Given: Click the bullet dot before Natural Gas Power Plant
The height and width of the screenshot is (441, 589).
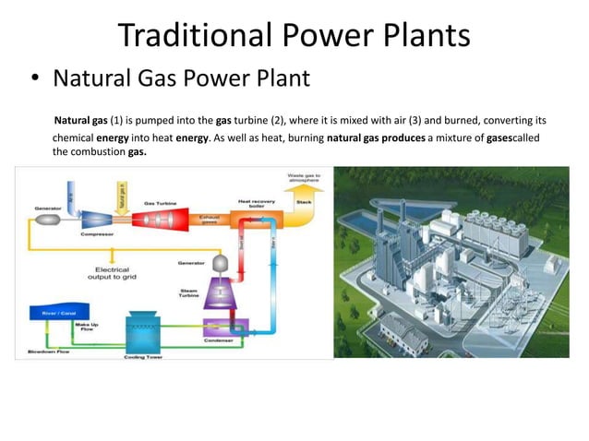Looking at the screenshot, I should coord(34,78).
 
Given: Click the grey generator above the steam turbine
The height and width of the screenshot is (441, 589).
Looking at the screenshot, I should coord(222,263).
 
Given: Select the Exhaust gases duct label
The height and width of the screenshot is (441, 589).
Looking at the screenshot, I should coord(209,220).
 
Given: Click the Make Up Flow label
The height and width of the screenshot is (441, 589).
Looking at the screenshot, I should coord(87,328).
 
